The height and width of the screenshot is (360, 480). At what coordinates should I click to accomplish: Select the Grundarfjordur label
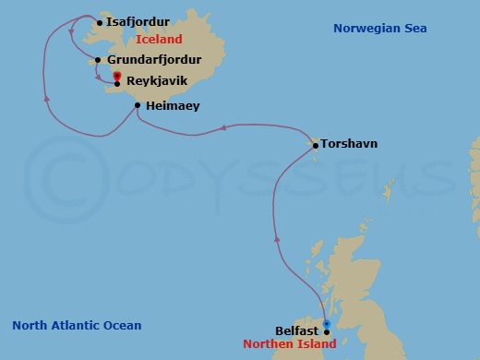tap(148, 61)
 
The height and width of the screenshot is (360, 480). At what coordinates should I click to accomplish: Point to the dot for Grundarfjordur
tap(98, 61)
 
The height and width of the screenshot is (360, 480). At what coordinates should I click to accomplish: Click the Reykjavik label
tap(157, 81)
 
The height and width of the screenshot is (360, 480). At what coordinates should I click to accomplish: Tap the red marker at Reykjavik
tap(117, 79)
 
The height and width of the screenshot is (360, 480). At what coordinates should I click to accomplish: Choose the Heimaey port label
tap(172, 106)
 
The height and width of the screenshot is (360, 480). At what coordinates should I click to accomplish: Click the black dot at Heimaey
tap(138, 106)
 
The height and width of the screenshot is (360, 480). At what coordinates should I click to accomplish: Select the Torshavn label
tap(350, 144)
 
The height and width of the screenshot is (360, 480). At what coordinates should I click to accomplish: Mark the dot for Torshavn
tap(316, 144)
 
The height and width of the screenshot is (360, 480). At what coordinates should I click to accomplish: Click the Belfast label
tap(296, 330)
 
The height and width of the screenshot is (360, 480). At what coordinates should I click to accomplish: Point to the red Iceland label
tap(159, 40)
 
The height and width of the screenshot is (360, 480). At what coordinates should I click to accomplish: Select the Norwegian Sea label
tap(381, 30)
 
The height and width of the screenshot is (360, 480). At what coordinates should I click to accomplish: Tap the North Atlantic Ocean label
tap(77, 325)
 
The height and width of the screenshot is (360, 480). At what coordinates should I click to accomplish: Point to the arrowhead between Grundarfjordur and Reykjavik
tap(97, 75)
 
